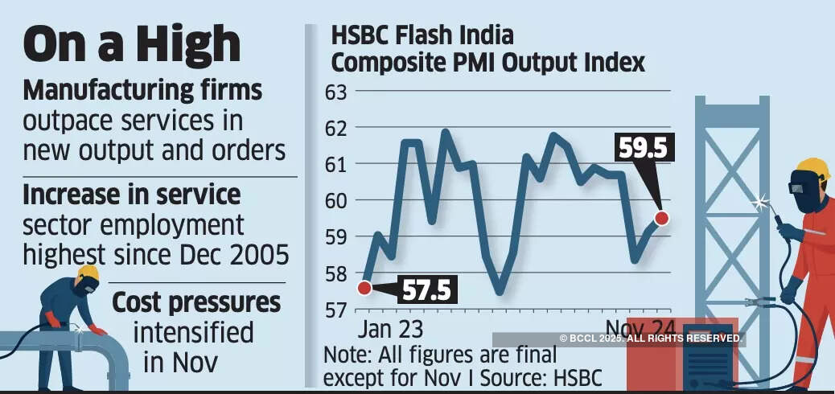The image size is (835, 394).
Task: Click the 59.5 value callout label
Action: (641, 148)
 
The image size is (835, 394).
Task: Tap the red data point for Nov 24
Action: (661, 217)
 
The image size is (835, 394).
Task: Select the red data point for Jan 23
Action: (364, 287)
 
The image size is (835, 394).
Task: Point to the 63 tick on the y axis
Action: (335, 91)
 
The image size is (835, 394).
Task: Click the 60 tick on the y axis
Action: (335, 200)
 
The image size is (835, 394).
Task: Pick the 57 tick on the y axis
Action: (335, 310)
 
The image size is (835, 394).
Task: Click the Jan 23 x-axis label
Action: (389, 329)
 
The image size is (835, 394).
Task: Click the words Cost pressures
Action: (196, 303)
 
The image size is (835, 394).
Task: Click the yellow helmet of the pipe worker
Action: (88, 273)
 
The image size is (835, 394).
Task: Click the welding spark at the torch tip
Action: (761, 203)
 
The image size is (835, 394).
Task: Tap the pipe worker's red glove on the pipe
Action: (98, 330)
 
